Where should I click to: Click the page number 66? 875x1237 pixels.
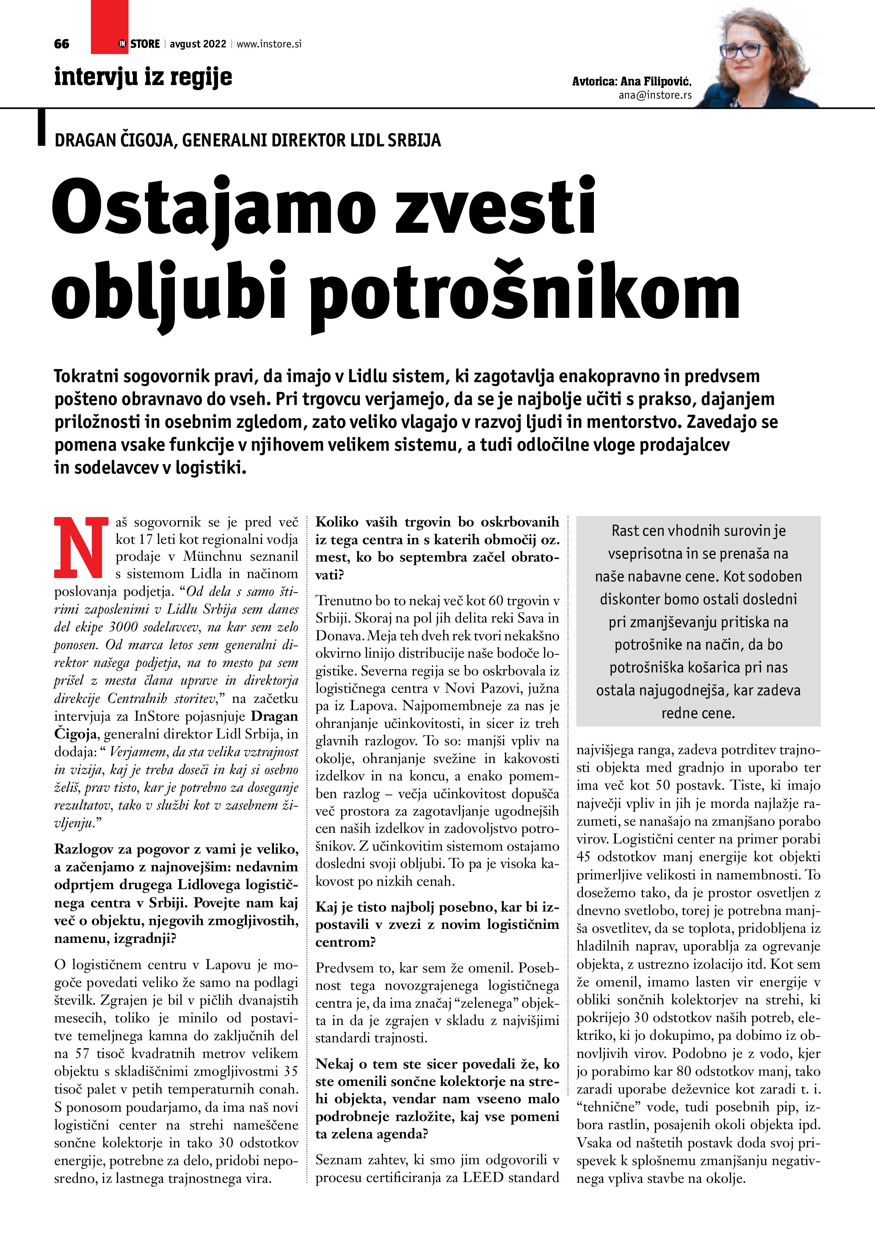(62, 44)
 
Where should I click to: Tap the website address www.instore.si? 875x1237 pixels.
(269, 44)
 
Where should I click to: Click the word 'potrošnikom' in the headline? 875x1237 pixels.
(525, 294)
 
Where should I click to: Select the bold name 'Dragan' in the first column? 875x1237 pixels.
(275, 716)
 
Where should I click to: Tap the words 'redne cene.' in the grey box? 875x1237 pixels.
(698, 714)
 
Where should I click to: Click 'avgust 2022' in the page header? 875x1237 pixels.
(198, 44)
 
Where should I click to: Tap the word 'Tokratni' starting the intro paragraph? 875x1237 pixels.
(86, 376)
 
